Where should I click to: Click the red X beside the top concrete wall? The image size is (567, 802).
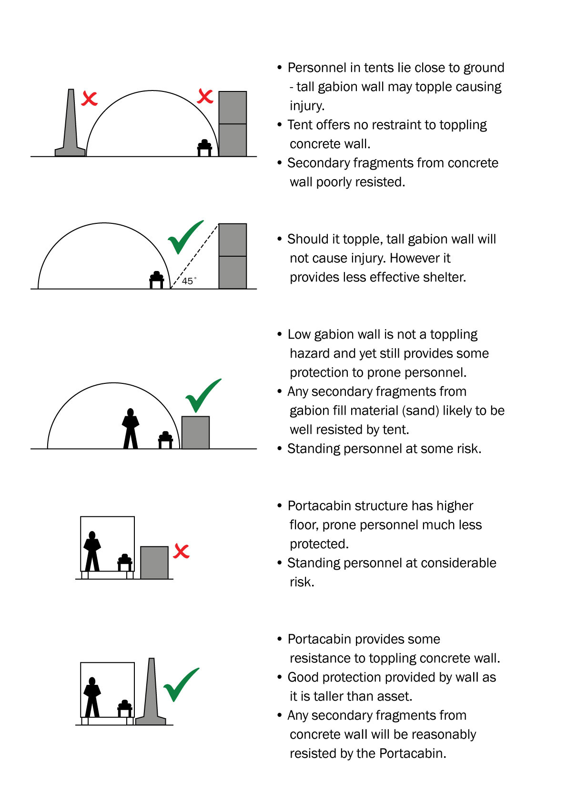pyautogui.click(x=89, y=99)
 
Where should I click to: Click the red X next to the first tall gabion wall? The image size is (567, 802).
pyautogui.click(x=205, y=96)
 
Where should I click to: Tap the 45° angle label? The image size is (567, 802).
pyautogui.click(x=188, y=281)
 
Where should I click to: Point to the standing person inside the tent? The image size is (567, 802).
pyautogui.click(x=131, y=429)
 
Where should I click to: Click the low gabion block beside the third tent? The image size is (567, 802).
pyautogui.click(x=195, y=432)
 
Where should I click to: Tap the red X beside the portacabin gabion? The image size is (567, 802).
pyautogui.click(x=181, y=551)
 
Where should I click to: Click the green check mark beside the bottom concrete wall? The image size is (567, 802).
pyautogui.click(x=181, y=684)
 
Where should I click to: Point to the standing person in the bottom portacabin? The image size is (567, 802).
pyautogui.click(x=92, y=697)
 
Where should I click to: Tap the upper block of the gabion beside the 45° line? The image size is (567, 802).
pyautogui.click(x=233, y=240)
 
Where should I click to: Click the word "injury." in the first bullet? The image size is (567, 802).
pyautogui.click(x=307, y=106)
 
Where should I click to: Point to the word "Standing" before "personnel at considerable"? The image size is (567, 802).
pyautogui.click(x=313, y=563)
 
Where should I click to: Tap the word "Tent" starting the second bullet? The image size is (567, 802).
pyautogui.click(x=299, y=125)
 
